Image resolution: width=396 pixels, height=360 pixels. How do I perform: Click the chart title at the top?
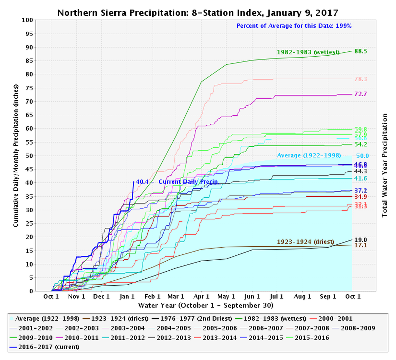pos(198,13)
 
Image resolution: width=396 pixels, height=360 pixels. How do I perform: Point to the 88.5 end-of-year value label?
pos(361,51)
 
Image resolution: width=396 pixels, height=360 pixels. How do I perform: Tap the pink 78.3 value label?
pos(361,79)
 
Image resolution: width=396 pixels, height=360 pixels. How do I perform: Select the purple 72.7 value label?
pos(361,94)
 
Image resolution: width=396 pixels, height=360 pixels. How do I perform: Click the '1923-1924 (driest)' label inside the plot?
pos(305,242)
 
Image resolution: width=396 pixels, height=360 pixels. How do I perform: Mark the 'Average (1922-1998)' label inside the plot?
pos(309,155)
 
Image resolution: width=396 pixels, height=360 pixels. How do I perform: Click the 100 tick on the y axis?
pos(29,20)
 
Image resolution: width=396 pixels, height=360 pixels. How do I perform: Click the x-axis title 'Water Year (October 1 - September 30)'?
pos(206,305)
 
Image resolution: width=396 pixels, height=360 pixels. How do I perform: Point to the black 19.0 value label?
pos(361,240)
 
